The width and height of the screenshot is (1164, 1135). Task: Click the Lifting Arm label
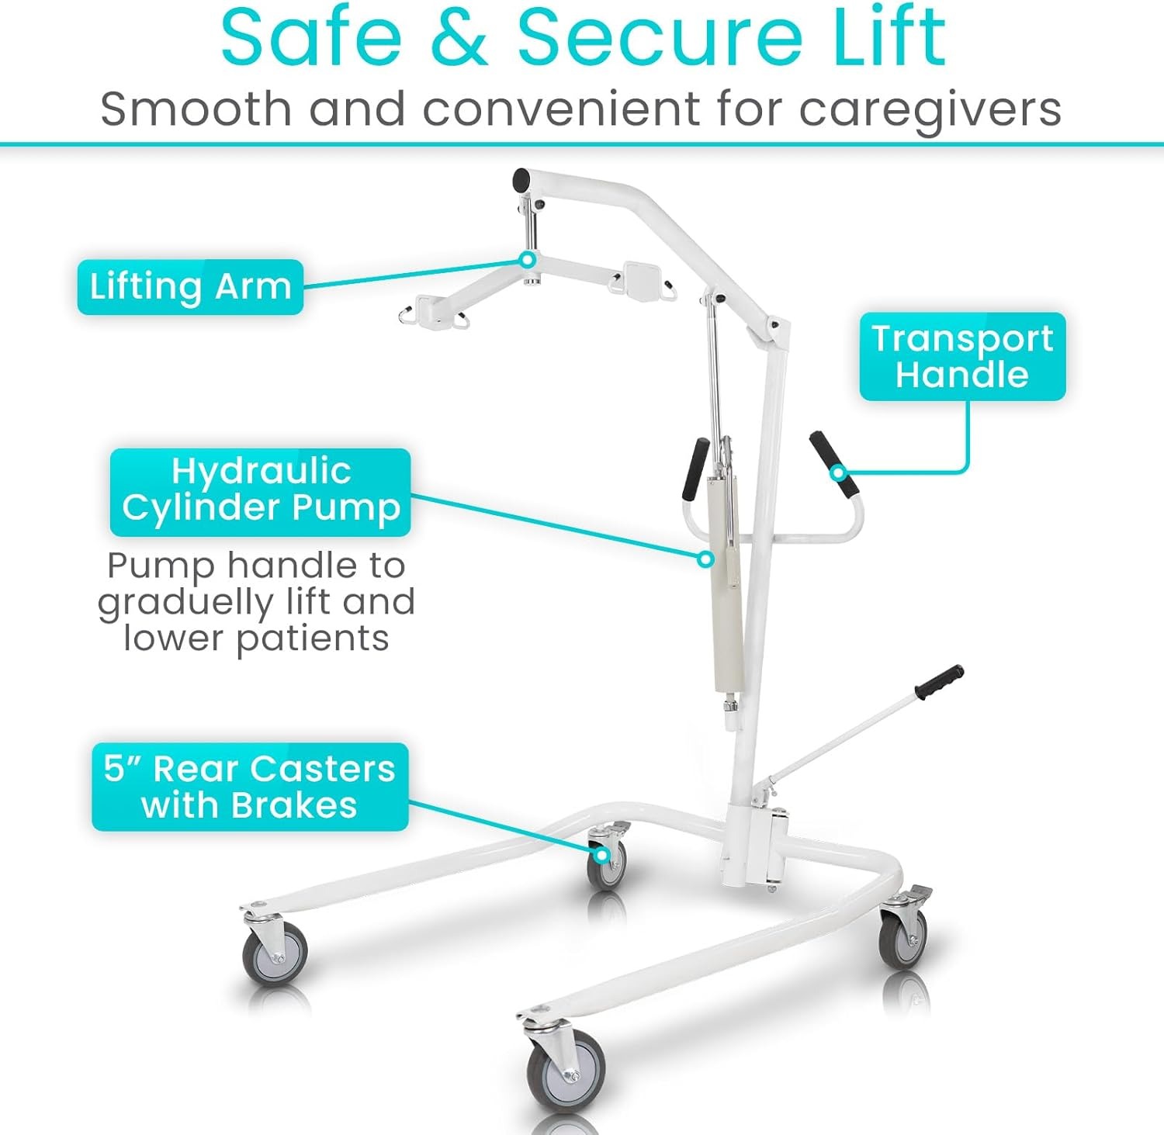(x=190, y=287)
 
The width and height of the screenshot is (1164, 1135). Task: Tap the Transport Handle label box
(x=962, y=357)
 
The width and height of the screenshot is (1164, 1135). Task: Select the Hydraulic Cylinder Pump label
(x=260, y=492)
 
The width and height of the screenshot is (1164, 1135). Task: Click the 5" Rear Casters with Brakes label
(x=250, y=787)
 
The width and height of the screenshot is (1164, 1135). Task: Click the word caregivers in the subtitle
(x=930, y=110)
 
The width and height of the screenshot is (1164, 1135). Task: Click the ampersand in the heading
(x=459, y=37)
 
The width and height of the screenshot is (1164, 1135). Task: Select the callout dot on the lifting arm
(x=527, y=260)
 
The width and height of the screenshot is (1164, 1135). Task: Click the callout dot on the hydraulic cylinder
(x=705, y=559)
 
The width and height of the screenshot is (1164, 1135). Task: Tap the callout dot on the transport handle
(x=838, y=472)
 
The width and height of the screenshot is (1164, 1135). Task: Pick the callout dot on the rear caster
(x=601, y=855)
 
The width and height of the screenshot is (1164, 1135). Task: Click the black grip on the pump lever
(x=939, y=682)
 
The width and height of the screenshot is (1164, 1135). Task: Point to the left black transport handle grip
(x=696, y=469)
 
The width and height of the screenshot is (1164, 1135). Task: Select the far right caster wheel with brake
(x=903, y=936)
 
